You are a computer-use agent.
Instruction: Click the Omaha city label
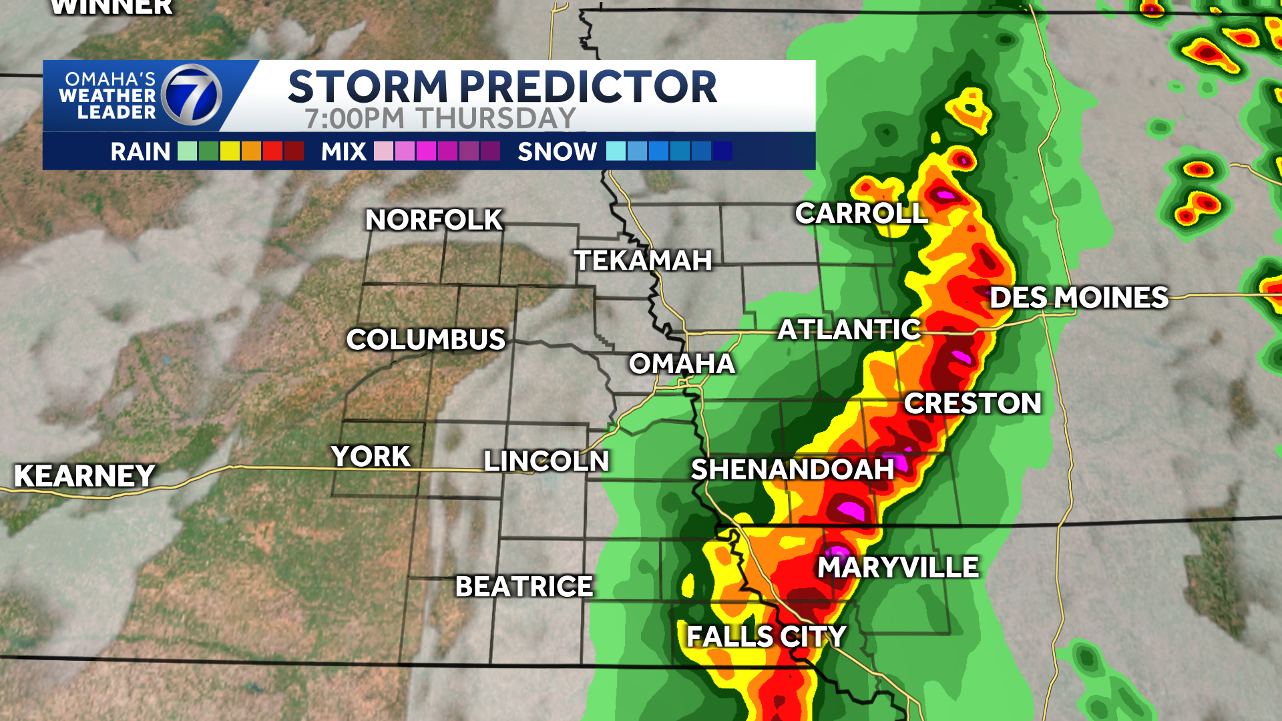click(682, 364)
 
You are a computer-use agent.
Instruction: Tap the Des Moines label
click(1078, 298)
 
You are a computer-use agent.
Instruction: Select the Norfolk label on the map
click(434, 220)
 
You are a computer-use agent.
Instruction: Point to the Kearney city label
click(85, 476)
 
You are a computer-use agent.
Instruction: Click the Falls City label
click(766, 636)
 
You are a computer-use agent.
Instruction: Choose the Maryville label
click(898, 567)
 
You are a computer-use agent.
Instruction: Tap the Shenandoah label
click(792, 469)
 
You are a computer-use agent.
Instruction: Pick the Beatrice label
click(524, 587)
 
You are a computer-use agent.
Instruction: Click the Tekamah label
click(643, 260)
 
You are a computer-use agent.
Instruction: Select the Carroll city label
click(861, 214)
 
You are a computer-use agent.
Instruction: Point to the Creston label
click(973, 403)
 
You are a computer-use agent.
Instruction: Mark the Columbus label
click(426, 340)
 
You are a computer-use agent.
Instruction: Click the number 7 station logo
click(192, 95)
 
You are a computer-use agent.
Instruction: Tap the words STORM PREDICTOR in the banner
click(502, 87)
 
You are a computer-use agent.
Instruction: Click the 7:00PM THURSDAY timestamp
click(440, 119)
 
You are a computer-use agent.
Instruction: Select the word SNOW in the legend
click(557, 152)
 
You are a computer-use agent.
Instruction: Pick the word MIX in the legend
click(343, 152)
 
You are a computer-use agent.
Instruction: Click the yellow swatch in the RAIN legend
click(230, 152)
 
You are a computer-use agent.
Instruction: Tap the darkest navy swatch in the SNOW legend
click(722, 152)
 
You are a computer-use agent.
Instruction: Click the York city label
click(371, 457)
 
